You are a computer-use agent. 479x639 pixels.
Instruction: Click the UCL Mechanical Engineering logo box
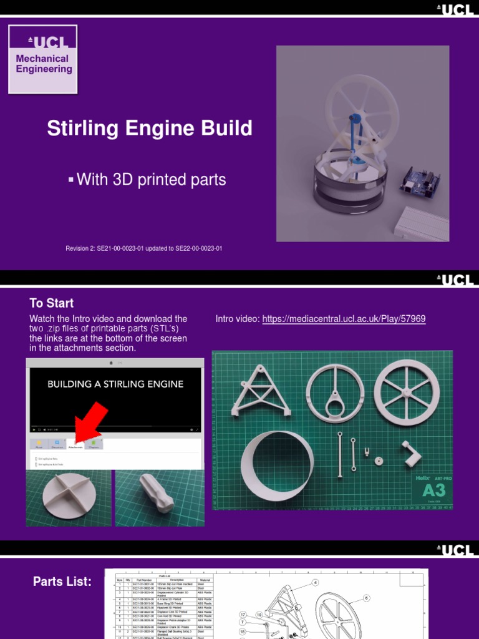pyautogui.click(x=42, y=59)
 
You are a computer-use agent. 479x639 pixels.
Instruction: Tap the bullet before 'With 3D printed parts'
pyautogui.click(x=71, y=180)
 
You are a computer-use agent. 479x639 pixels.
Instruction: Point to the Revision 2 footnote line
pyautogui.click(x=144, y=248)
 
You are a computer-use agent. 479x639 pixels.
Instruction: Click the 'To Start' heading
pyautogui.click(x=51, y=303)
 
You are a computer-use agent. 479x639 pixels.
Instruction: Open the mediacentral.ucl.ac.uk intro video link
pyautogui.click(x=344, y=319)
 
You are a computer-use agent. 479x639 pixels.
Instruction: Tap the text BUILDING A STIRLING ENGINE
pyautogui.click(x=115, y=384)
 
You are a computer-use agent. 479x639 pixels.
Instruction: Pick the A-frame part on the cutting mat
pyautogui.click(x=261, y=392)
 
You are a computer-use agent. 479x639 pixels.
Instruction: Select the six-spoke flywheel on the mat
pyautogui.click(x=407, y=392)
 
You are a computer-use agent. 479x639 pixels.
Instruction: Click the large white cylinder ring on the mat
pyautogui.click(x=277, y=464)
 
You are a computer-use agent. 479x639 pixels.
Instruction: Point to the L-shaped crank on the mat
pyautogui.click(x=412, y=453)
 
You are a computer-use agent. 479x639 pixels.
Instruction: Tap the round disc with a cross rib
pyautogui.click(x=69, y=495)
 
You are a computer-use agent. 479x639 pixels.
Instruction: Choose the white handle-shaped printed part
pyautogui.click(x=157, y=492)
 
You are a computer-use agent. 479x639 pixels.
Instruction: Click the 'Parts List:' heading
pyautogui.click(x=62, y=582)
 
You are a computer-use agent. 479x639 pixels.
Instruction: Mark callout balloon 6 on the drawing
pyautogui.click(x=367, y=597)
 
